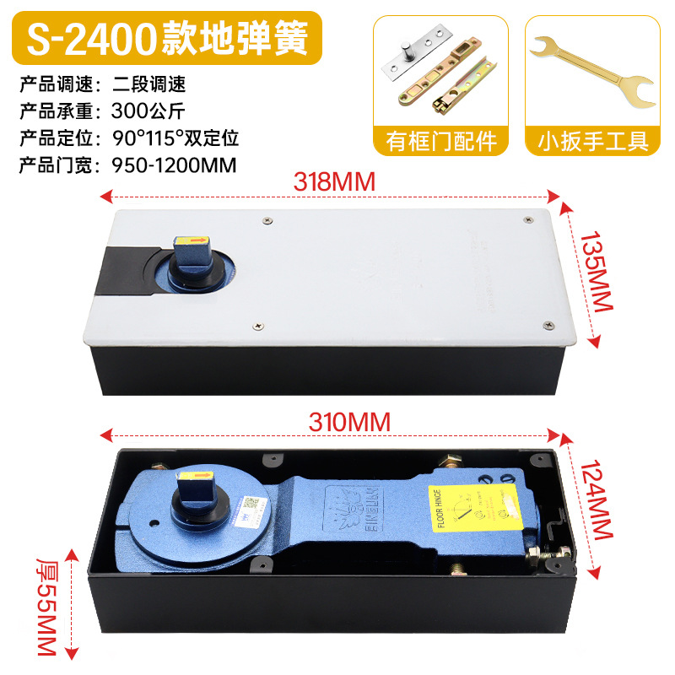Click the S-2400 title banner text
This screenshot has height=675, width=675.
click(169, 37)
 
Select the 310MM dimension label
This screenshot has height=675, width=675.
click(332, 422)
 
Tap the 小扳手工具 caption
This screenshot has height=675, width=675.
click(592, 140)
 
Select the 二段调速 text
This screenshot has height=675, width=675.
click(148, 83)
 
